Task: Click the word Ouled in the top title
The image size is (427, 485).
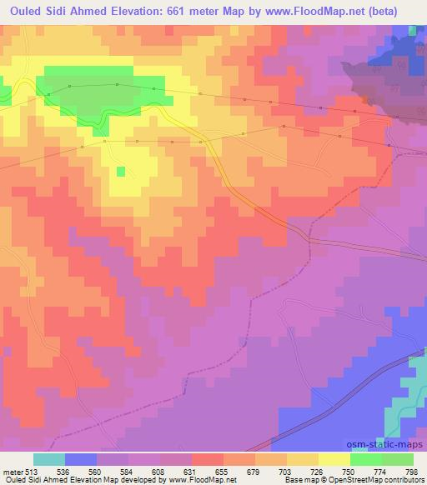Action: coord(22,11)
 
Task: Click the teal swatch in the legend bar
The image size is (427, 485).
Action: coord(49,459)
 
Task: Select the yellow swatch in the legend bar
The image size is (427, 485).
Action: coord(334,459)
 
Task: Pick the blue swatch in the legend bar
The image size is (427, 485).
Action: coord(80,459)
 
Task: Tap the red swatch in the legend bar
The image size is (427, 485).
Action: coord(207,459)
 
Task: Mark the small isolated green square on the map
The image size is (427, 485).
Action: coord(121,172)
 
